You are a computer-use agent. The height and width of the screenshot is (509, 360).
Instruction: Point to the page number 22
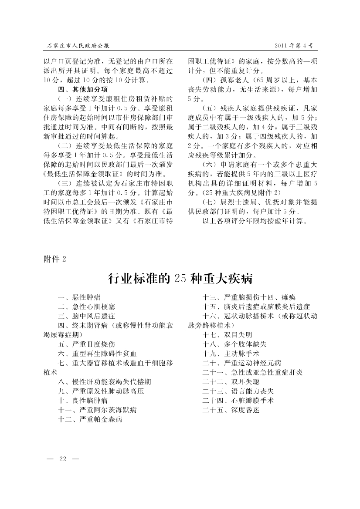tap(62, 460)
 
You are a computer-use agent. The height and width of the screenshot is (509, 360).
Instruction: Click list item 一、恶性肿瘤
tap(79, 297)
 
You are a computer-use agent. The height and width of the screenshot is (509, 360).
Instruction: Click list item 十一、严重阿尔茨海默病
tap(98, 410)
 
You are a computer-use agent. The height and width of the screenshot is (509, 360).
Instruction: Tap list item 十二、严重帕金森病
tap(90, 419)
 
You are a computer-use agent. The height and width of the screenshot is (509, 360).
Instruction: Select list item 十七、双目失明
tap(227, 335)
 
